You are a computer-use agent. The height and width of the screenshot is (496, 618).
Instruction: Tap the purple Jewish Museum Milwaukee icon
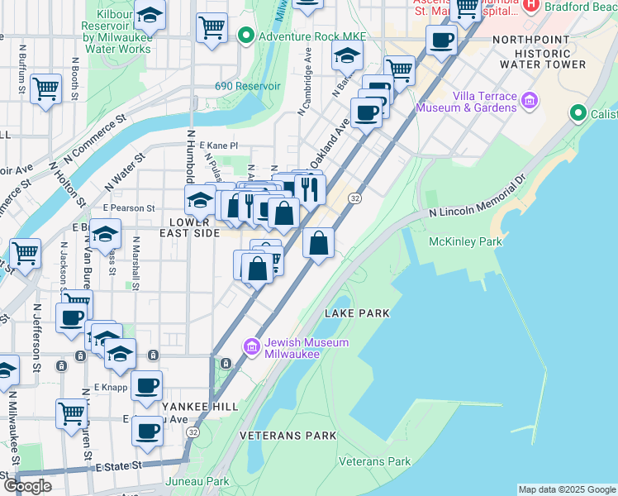tap(252, 347)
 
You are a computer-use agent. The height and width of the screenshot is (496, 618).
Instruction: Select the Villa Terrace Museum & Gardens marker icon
tap(529, 102)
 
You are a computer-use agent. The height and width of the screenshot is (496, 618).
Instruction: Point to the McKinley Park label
tap(465, 242)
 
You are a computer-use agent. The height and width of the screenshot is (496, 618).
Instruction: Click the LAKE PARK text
tap(356, 313)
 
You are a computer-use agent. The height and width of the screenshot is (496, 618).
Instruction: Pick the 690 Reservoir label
tap(248, 86)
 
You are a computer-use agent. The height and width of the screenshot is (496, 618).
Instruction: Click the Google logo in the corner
tap(28, 485)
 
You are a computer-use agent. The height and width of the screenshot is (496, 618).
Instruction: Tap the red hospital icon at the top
tap(530, 7)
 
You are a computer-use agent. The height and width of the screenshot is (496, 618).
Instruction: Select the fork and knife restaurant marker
tap(310, 189)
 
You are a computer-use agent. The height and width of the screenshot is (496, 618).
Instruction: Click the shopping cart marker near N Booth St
tap(45, 88)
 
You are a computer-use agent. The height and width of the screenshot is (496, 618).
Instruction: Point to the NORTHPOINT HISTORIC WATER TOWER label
tap(550, 51)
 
